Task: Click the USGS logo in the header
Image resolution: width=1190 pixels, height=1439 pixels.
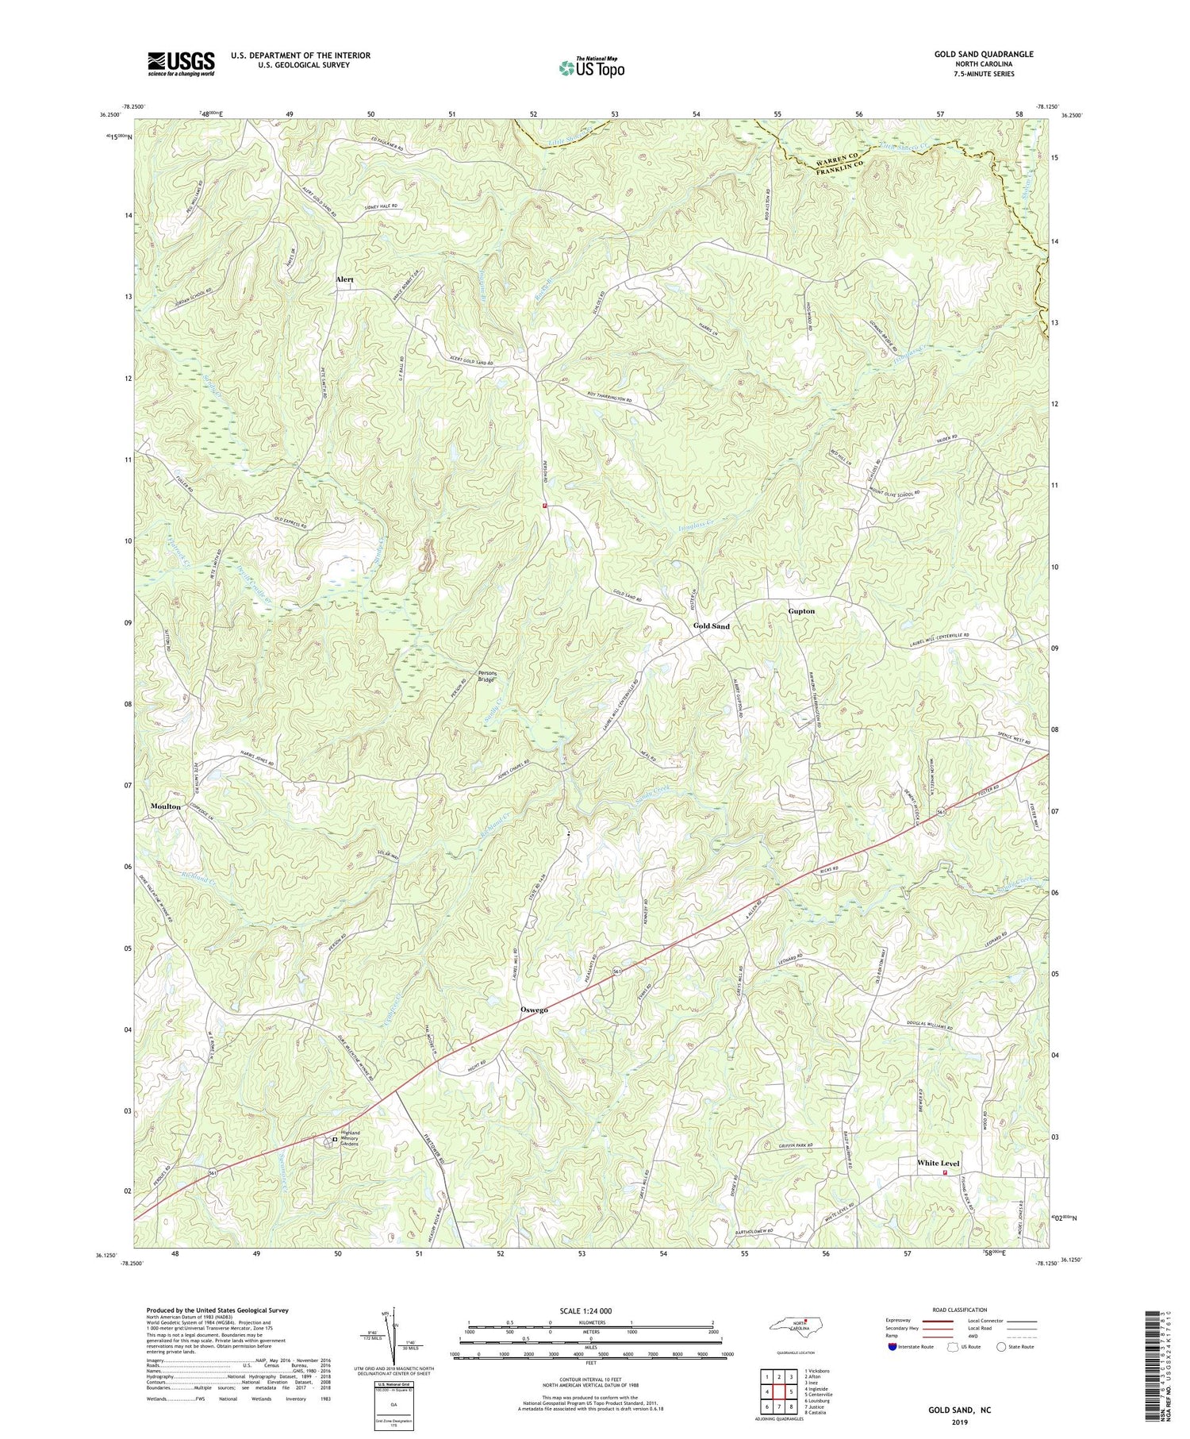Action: coord(181,63)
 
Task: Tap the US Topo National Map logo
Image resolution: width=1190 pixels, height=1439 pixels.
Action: coord(591,68)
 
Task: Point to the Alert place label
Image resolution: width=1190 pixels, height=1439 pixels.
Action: coord(344,280)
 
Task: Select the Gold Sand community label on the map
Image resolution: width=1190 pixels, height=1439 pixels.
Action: coord(711,626)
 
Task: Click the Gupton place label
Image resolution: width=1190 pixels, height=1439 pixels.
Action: coord(801,612)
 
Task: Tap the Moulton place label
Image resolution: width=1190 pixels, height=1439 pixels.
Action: coord(166,806)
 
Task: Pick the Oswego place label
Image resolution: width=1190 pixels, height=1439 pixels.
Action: coord(534,1010)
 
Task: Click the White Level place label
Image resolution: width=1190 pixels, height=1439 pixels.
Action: coord(938,1164)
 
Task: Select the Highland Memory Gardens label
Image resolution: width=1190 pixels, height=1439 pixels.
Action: coord(350,1138)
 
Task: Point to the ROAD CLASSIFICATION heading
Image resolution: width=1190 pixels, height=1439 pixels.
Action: coord(960,1310)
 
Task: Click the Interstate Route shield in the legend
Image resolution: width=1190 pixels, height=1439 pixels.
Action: coord(892,1347)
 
